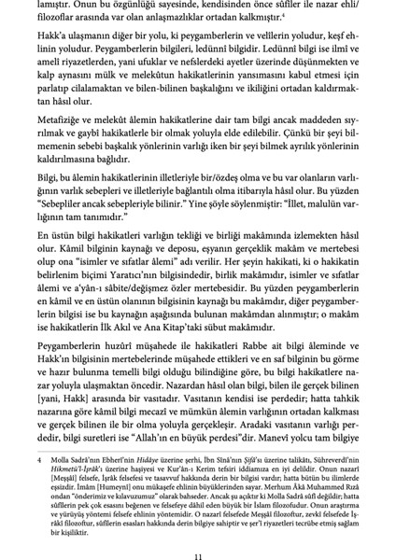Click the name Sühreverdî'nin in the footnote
332,432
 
